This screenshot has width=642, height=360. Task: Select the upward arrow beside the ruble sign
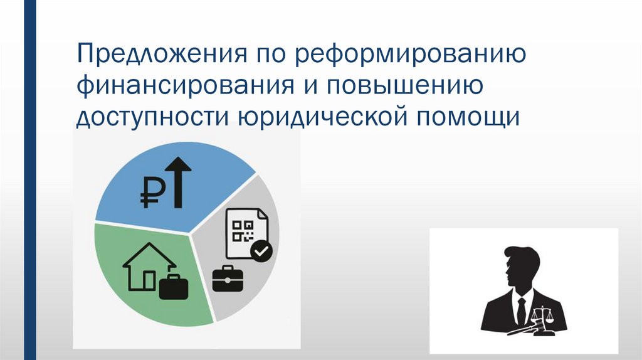180,182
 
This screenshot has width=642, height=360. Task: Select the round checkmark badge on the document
261,251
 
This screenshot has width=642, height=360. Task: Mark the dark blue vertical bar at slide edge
28,180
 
